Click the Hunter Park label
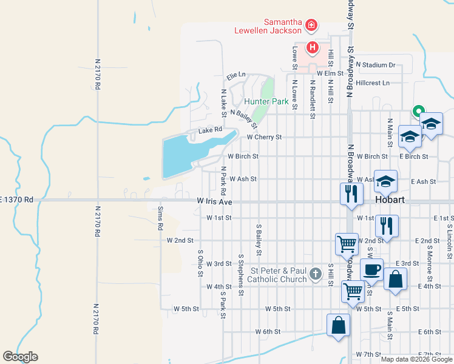pyautogui.click(x=266, y=101)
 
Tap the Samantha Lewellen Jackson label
pyautogui.click(x=268, y=25)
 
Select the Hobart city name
pyautogui.click(x=394, y=200)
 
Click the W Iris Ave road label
pyautogui.click(x=215, y=200)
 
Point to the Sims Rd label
pyautogui.click(x=160, y=218)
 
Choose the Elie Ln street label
pyautogui.click(x=236, y=76)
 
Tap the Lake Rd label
pyautogui.click(x=210, y=130)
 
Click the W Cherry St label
pyautogui.click(x=264, y=137)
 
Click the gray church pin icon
pyautogui.click(x=314, y=274)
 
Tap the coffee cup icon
pyautogui.click(x=372, y=268)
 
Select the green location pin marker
pyautogui.click(x=418, y=112)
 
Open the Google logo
pyautogui.click(x=20, y=357)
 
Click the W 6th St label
pyautogui.click(x=268, y=332)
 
